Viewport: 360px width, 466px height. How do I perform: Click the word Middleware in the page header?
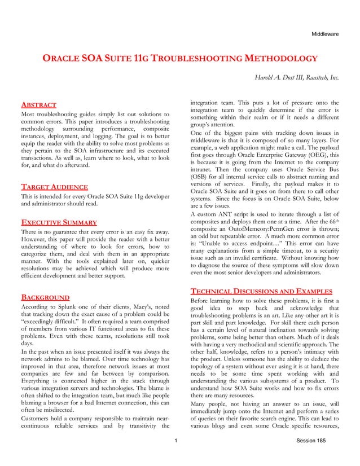coord(325,34)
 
